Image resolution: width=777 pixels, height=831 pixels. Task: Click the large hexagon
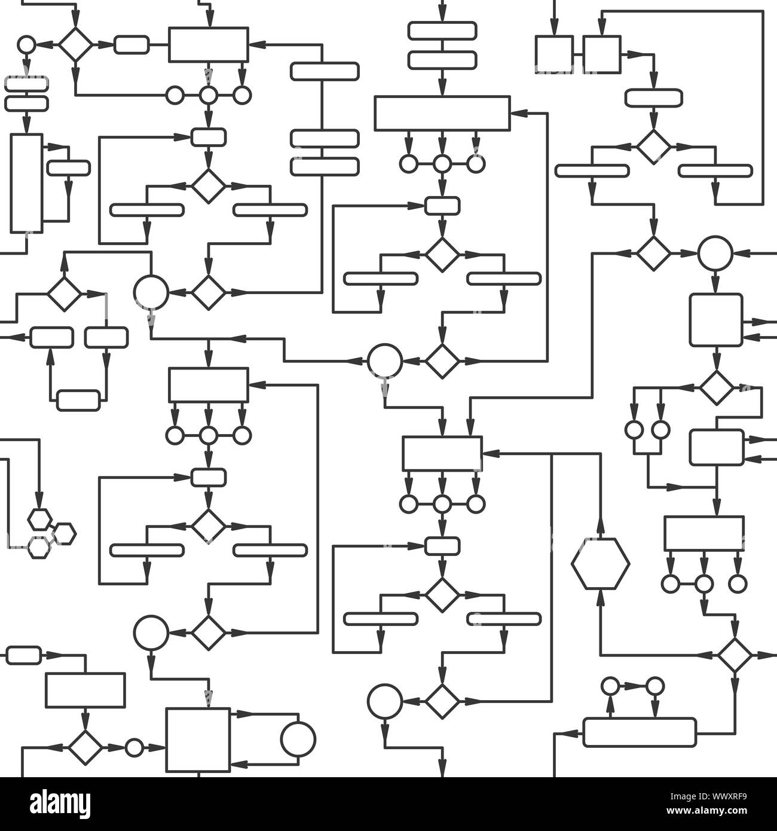pos(601,564)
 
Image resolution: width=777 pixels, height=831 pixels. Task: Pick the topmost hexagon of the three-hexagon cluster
pos(40,520)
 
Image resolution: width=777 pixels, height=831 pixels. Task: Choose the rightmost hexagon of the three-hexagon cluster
pos(65,534)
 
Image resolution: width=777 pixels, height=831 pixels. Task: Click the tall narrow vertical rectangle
pos(26,184)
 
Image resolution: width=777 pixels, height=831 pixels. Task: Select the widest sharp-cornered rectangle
pos(442,114)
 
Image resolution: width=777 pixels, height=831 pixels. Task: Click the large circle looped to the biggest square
pos(298,738)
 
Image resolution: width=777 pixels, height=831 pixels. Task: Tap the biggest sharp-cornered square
pos(198,740)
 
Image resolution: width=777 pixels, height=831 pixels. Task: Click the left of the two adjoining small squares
pos(555,54)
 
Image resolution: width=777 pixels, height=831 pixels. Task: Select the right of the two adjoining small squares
pos(602,54)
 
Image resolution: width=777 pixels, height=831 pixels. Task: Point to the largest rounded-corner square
pos(716,320)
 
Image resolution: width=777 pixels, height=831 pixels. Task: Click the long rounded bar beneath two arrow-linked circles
pos(640,732)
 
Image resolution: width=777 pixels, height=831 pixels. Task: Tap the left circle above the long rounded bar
pos(610,686)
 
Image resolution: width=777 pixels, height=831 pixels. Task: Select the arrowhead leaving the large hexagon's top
pos(601,530)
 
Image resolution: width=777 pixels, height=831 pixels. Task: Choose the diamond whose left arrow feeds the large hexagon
pos(735,655)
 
